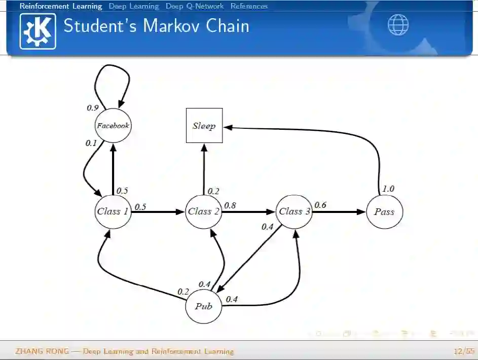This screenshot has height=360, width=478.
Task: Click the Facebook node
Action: coord(113,125)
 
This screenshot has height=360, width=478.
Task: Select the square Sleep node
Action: coord(204,126)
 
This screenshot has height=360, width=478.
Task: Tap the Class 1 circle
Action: coord(113,211)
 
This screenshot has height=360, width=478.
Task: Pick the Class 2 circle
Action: coord(203,211)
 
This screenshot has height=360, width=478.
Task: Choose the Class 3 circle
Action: coord(294,211)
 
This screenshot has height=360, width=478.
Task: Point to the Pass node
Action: coord(384,212)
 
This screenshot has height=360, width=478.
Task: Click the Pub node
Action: coord(203,306)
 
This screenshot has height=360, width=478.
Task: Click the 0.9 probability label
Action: coord(92,107)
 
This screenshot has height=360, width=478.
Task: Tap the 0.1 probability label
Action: coord(91,143)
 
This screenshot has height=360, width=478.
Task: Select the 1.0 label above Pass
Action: coord(388,189)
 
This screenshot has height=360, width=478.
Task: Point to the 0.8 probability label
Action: coord(230,205)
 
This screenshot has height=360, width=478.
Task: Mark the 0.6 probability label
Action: coord(320,205)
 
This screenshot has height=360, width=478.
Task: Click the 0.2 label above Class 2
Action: coord(213,191)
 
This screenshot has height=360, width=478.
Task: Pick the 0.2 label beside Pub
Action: coord(183,292)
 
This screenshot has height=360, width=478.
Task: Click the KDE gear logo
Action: coord(38,31)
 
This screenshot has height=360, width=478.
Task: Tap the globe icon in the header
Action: coord(398,24)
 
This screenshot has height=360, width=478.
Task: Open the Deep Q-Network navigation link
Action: coord(194,6)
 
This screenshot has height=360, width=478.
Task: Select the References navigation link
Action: coord(249,6)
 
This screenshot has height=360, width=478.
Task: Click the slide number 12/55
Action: coord(464,351)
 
